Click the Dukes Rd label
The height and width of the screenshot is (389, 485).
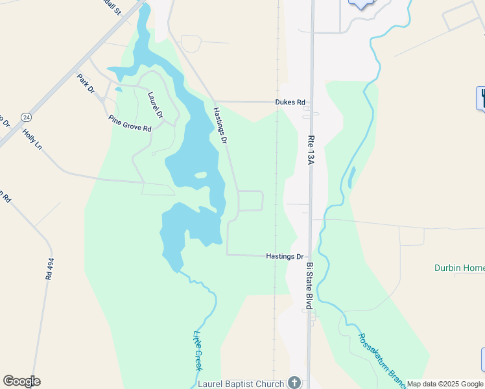click(290, 102)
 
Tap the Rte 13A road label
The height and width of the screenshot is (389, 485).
click(310, 150)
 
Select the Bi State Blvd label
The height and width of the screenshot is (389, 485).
click(310, 286)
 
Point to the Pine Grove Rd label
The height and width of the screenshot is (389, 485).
click(130, 123)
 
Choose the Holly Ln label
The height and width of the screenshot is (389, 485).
click(32, 138)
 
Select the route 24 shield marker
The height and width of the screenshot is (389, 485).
click(25, 117)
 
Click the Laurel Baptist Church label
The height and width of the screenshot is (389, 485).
click(242, 384)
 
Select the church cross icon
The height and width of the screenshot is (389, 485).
click(294, 383)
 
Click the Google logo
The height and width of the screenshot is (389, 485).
click(21, 381)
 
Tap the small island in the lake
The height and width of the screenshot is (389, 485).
click(200, 174)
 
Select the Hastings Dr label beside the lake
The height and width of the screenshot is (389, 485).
click(221, 126)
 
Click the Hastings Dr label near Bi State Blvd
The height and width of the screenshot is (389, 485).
click(285, 257)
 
